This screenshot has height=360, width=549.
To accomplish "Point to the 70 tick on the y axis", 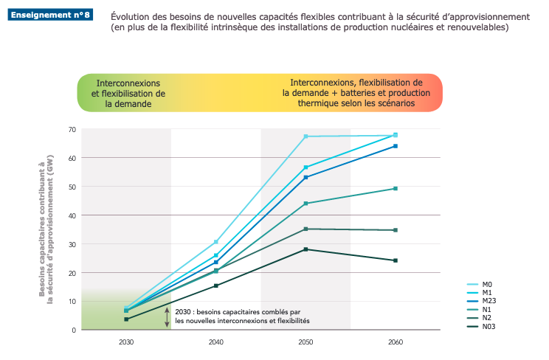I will coord(72,130).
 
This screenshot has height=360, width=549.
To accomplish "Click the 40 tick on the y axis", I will coord(72,215).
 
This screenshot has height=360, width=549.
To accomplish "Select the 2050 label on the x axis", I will coord(305,343).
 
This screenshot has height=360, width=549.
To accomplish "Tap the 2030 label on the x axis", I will coord(126,343).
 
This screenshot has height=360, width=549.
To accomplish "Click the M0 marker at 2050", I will coord(305,136).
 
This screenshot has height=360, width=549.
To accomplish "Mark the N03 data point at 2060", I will coord(396,260).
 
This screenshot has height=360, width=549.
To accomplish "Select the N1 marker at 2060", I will coord(396,189).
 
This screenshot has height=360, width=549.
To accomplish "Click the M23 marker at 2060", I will coord(396,146).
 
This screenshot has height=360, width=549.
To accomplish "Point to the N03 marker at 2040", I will coord(215,285).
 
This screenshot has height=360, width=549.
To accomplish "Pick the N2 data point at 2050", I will coord(305,229).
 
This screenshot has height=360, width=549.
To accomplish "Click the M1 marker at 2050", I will coord(305,167).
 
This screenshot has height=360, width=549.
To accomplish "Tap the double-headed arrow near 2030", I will coord(168,317).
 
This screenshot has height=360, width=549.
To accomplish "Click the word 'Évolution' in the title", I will coord(131,16).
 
